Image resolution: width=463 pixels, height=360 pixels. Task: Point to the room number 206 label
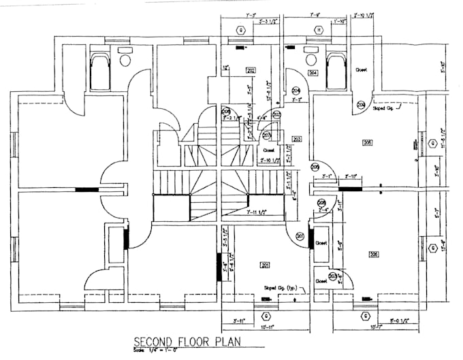(x=373, y=254)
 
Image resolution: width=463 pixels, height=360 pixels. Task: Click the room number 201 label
(x=265, y=264)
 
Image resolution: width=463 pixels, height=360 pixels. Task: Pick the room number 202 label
(x=251, y=70)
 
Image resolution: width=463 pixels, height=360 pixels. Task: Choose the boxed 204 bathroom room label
(x=314, y=72)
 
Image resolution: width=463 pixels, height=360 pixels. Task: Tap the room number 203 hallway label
(x=297, y=139)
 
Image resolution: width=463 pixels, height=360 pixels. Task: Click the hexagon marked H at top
(x=319, y=30)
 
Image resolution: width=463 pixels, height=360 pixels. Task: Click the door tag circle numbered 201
(x=300, y=236)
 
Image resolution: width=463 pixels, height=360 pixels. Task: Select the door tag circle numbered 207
(x=266, y=135)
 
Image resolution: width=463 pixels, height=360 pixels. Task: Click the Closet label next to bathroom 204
(x=362, y=69)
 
